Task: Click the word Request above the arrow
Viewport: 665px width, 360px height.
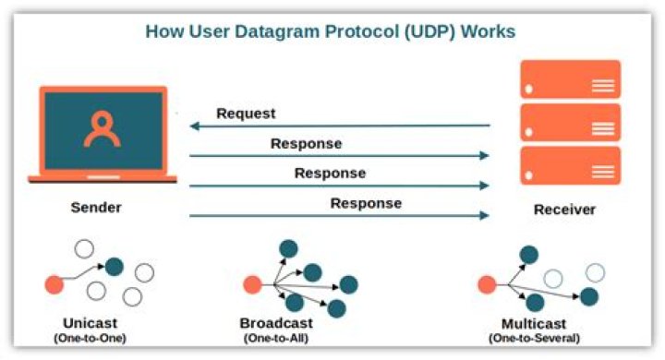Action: tap(246, 114)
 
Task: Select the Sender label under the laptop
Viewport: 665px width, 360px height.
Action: tap(96, 208)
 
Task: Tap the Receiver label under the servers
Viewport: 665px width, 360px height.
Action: tap(564, 210)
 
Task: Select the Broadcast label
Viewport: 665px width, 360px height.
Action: tap(276, 323)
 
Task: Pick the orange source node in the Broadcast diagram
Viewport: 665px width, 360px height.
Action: tap(250, 285)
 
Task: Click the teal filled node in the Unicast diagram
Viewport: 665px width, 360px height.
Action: tap(114, 267)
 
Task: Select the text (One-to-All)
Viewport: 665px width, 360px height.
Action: tap(276, 339)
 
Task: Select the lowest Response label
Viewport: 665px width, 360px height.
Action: tap(366, 203)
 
